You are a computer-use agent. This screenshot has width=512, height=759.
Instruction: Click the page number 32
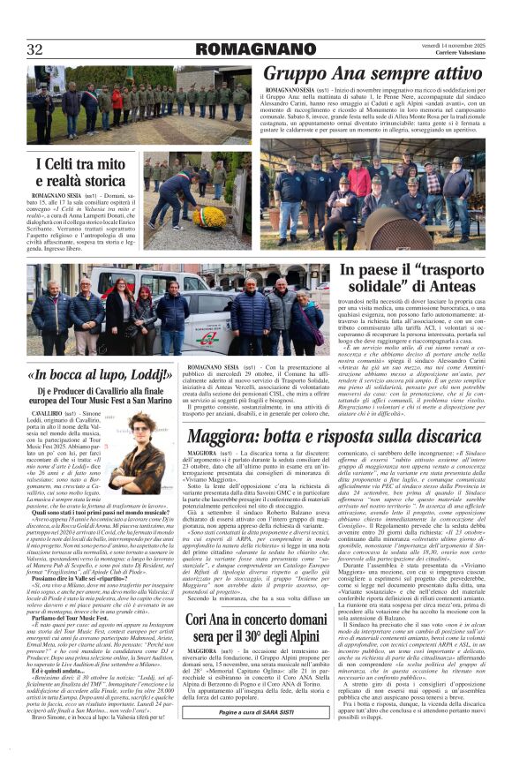[x=34, y=49]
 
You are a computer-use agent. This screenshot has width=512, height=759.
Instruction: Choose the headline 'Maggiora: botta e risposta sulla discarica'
[x=335, y=436]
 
